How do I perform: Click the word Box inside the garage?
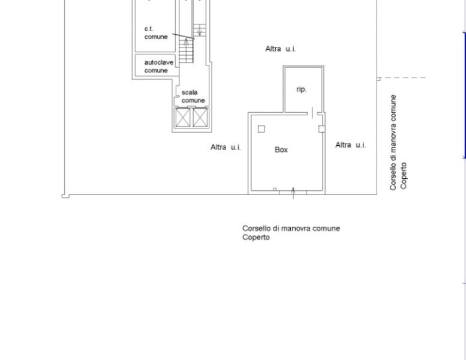(281, 150)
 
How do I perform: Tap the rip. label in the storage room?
(301, 89)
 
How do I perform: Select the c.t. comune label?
(156, 33)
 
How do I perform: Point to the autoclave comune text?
(159, 66)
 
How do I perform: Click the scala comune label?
(193, 97)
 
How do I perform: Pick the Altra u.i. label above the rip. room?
(280, 49)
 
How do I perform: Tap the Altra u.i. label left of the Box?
(226, 147)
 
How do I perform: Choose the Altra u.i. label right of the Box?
(350, 145)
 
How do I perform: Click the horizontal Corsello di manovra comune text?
(291, 229)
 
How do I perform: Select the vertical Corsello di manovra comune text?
(393, 142)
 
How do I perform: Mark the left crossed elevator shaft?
(183, 118)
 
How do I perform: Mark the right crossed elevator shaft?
(200, 118)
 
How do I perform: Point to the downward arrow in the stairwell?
(200, 31)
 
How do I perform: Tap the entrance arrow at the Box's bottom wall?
(293, 193)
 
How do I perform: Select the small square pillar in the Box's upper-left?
(261, 129)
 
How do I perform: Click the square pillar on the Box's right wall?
(321, 129)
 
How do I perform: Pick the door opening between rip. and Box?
(312, 113)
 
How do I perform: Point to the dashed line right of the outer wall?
(403, 77)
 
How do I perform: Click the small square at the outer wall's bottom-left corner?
(65, 196)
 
